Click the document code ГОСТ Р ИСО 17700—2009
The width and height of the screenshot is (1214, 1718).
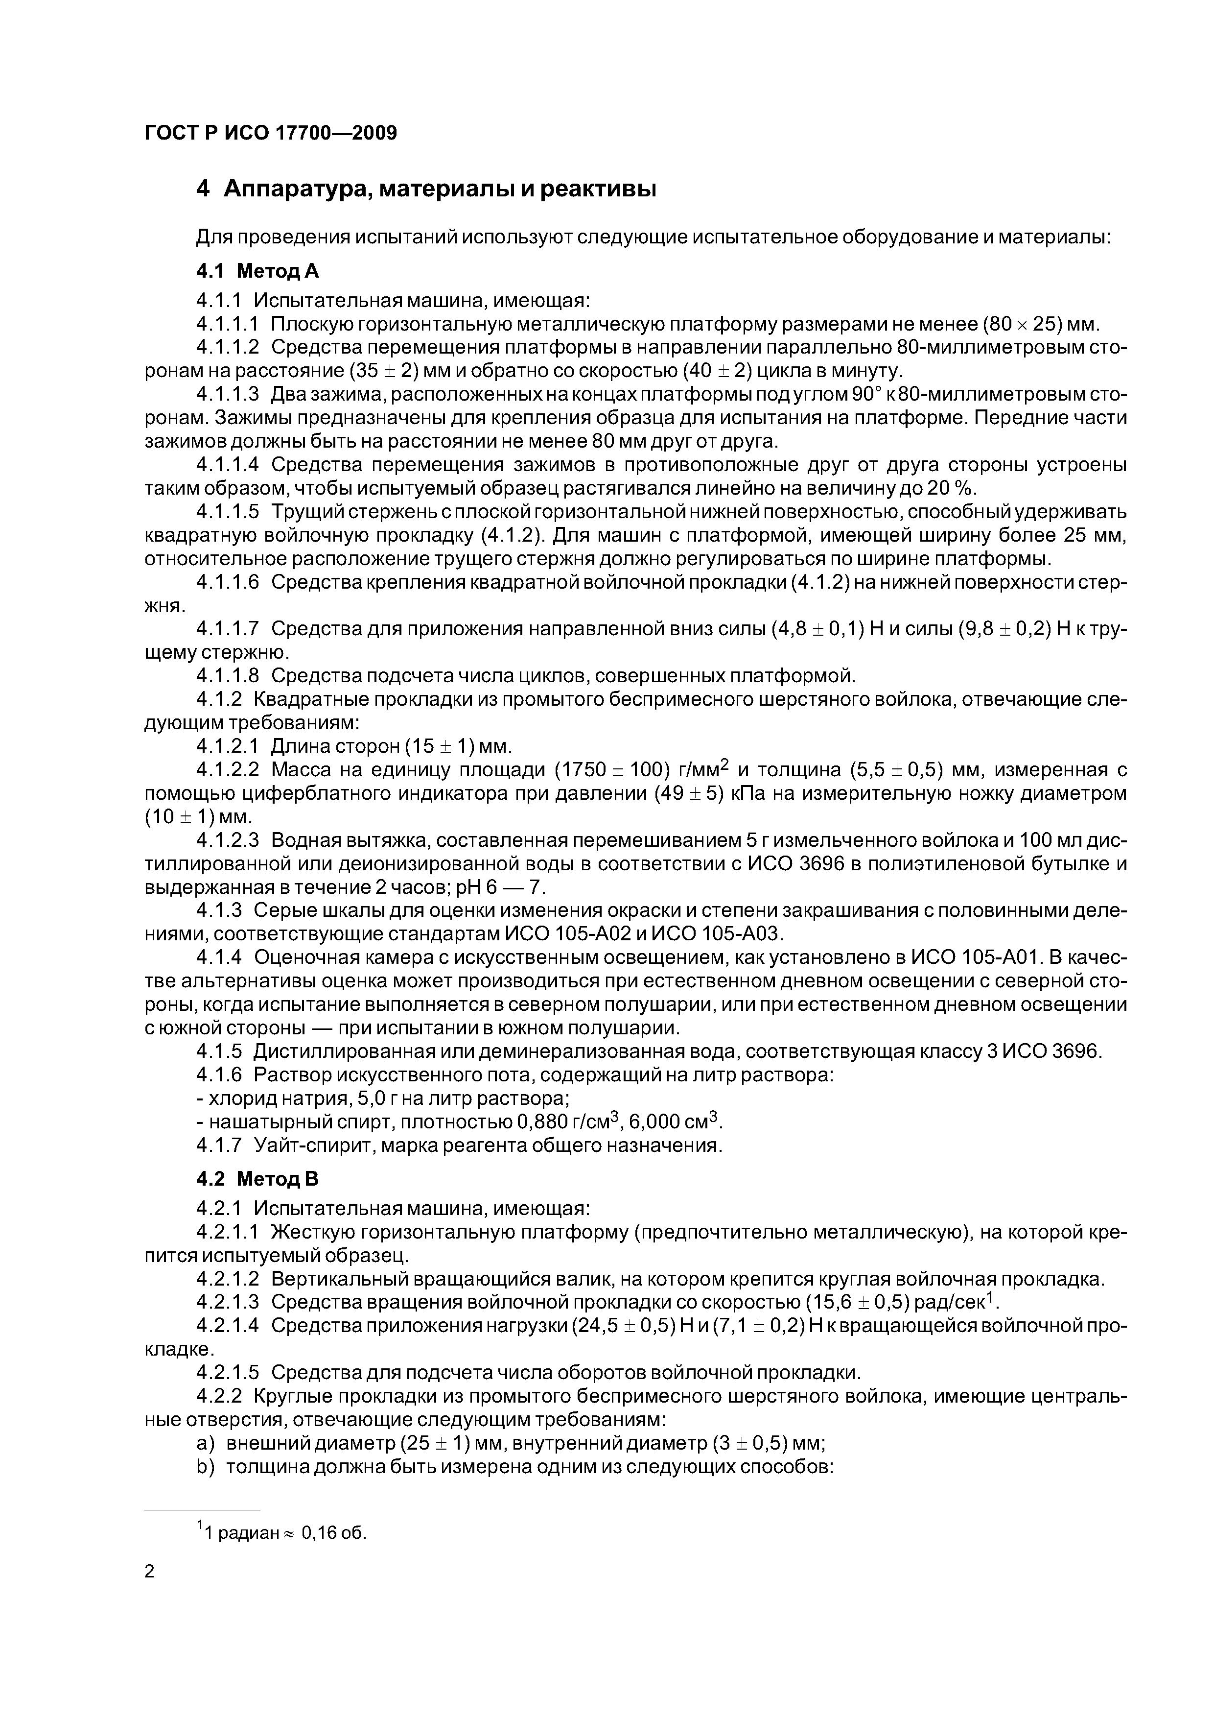tap(270, 133)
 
